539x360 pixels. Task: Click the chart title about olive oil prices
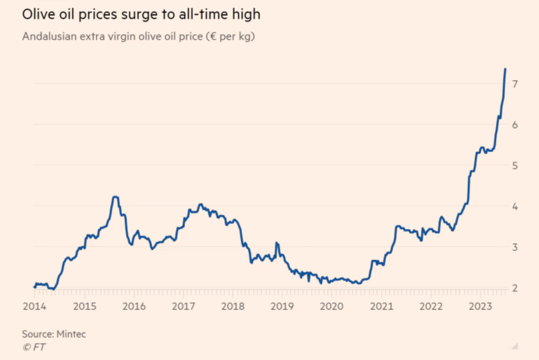[x=141, y=14]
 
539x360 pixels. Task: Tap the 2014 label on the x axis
[x=34, y=306]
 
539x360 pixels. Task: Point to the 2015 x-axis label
[x=84, y=306]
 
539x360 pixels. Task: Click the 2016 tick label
[x=133, y=306]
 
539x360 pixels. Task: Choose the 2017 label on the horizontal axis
[x=183, y=306]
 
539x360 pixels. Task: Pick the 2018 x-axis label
[x=233, y=306]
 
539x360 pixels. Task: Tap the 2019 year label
[x=282, y=306]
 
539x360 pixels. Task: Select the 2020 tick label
[x=332, y=306]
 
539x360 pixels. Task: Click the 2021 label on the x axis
[x=381, y=306]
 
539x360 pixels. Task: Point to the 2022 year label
[x=431, y=306]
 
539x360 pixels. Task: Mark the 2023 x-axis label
[x=480, y=306]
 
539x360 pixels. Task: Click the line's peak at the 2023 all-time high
[x=505, y=69]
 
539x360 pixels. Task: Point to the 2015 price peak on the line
[x=115, y=197]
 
